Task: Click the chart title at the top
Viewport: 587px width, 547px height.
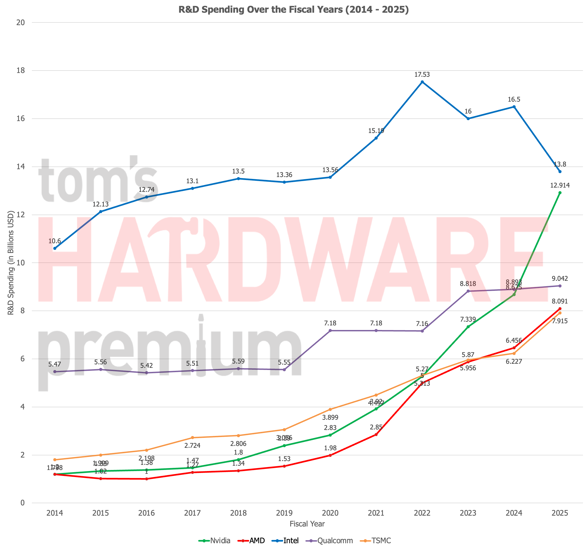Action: click(293, 9)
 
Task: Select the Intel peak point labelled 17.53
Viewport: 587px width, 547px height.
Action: click(422, 82)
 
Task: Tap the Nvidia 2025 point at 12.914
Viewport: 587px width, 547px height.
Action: click(560, 193)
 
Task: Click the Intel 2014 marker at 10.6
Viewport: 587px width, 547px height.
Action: click(55, 249)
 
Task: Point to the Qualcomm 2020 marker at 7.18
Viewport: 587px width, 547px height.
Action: click(330, 330)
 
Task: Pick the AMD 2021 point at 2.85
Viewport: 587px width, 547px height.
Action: click(376, 434)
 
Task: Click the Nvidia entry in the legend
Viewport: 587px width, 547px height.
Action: click(215, 541)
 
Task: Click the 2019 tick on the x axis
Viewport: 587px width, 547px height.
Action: click(284, 513)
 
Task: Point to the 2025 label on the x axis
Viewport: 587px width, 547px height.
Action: click(560, 513)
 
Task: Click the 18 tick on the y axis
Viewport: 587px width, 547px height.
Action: click(20, 71)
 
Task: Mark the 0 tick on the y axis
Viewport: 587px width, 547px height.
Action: click(22, 503)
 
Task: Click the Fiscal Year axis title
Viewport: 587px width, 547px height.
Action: click(307, 524)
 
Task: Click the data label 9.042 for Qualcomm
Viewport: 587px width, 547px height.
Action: click(560, 278)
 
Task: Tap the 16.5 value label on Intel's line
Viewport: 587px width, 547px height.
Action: click(514, 99)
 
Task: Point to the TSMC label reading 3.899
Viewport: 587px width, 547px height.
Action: click(330, 417)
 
